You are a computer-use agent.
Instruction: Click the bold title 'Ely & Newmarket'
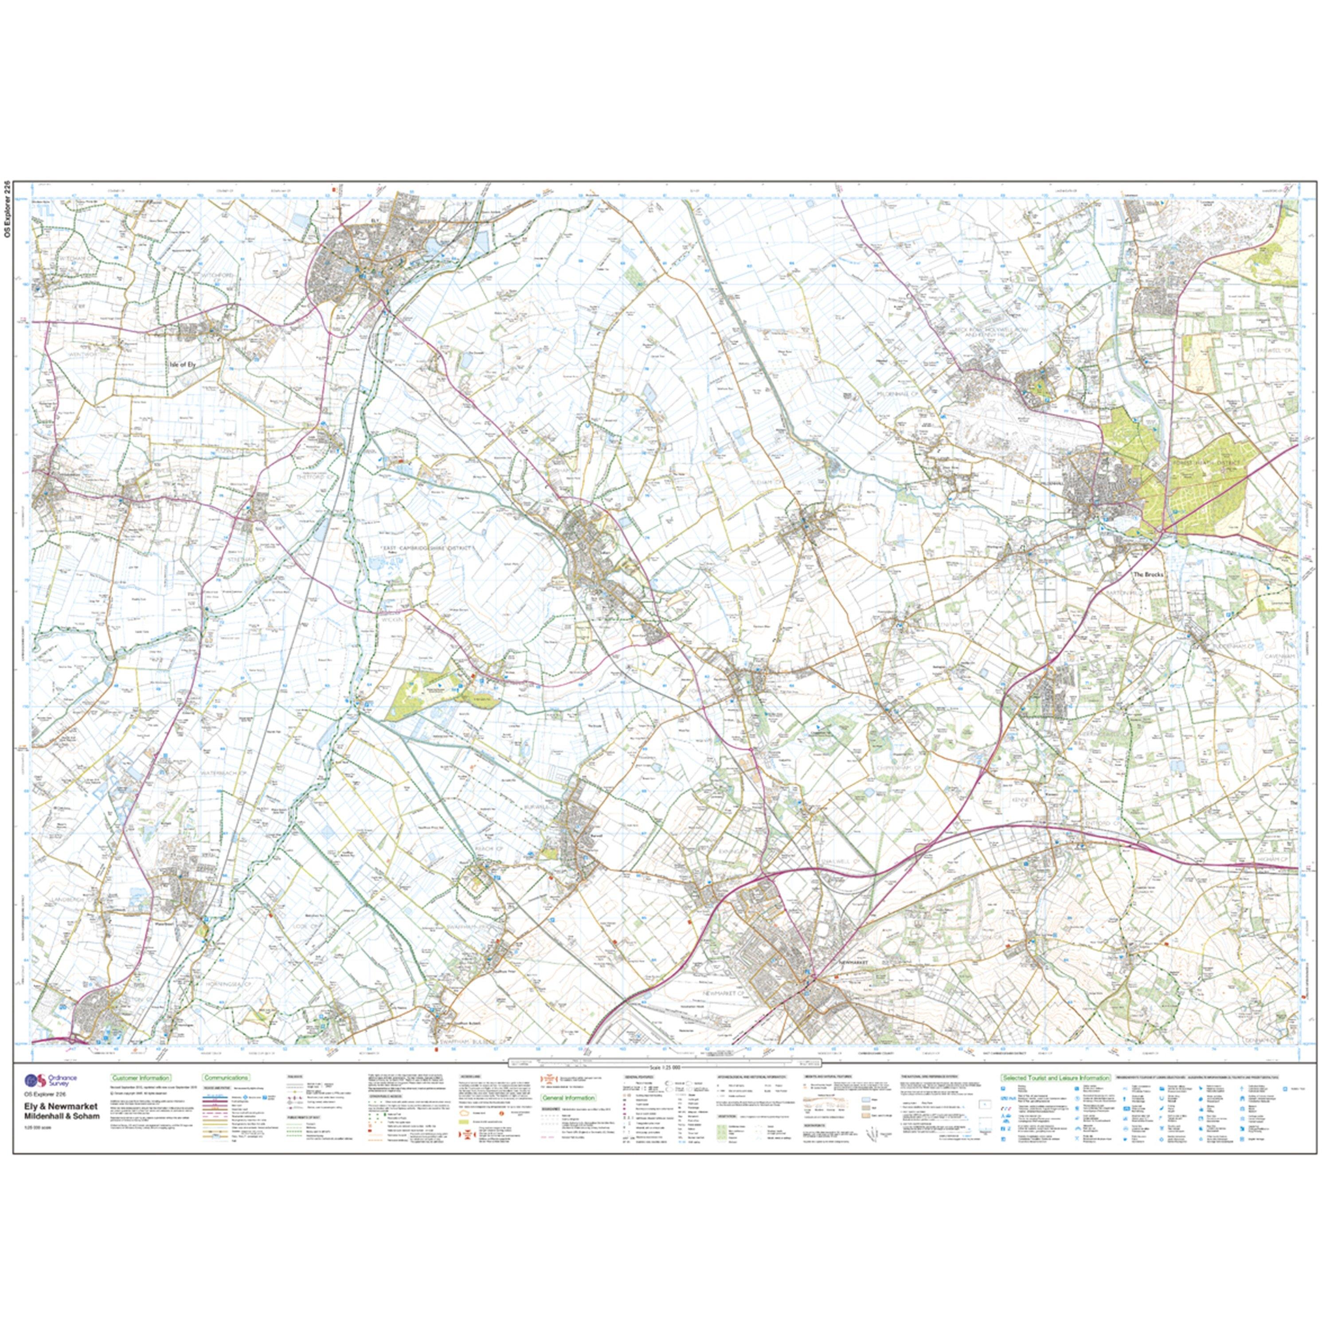pos(61,1107)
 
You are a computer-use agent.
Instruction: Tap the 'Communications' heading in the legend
pos(226,1078)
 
